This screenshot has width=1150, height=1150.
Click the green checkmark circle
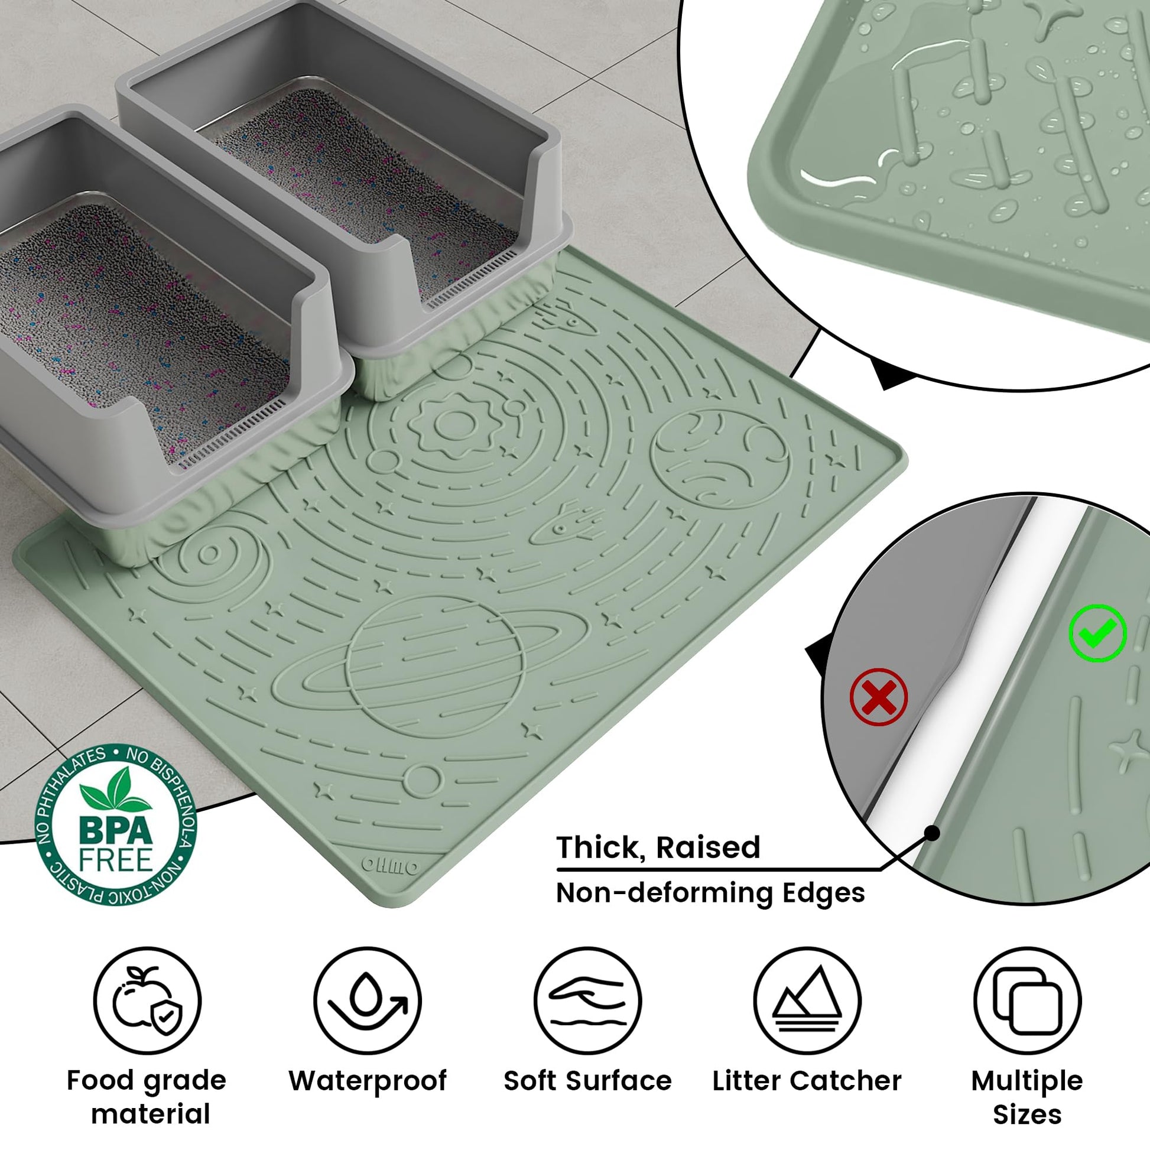pos(1097,634)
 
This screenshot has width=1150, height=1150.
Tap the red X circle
pos(879,697)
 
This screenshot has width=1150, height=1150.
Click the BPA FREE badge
pos(116,824)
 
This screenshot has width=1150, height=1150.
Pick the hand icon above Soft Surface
pos(587,1000)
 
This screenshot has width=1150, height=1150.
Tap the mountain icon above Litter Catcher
pos(807,1000)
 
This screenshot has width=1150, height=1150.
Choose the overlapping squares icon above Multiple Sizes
pos(1028,1000)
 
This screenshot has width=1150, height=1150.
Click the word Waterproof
pos(367,1081)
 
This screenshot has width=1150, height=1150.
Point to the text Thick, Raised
pos(658,847)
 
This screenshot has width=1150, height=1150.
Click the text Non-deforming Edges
pos(710,893)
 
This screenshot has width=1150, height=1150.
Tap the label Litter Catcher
pos(807,1081)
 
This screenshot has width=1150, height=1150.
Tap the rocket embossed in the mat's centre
pos(563,524)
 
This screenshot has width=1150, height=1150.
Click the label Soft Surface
pos(587,1081)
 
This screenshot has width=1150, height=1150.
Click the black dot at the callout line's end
pos(933,833)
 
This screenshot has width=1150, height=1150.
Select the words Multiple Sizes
pos(1028,1097)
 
